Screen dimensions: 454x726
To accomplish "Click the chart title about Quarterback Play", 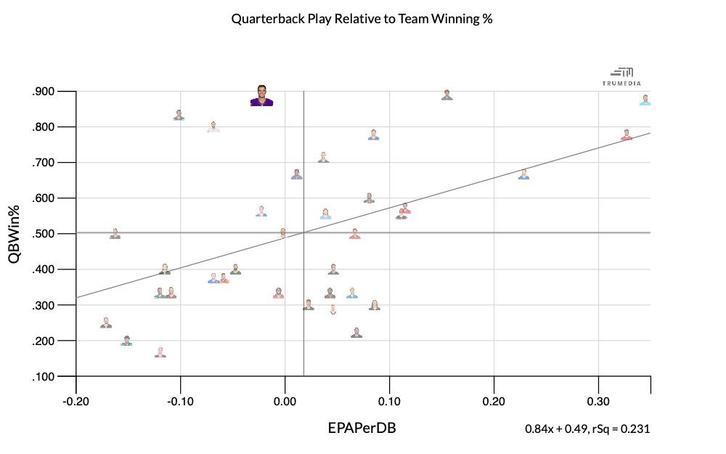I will (x=362, y=19).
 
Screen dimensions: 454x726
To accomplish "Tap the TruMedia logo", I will (x=622, y=77).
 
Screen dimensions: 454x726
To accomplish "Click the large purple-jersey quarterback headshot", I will (x=261, y=96).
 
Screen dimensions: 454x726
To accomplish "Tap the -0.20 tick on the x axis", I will (x=76, y=402).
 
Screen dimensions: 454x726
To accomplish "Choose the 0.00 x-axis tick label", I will (x=285, y=402).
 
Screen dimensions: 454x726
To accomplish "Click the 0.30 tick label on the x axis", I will (x=598, y=402).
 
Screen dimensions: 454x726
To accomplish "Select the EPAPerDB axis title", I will (x=362, y=428).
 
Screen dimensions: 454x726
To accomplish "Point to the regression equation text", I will (x=587, y=429).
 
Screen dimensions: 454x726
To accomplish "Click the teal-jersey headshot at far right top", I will (x=645, y=100).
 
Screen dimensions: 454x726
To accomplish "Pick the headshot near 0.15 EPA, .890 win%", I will (x=447, y=95).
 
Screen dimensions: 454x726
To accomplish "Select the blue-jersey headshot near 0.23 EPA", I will (x=523, y=174).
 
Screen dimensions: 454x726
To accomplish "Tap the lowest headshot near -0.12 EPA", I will (x=160, y=352).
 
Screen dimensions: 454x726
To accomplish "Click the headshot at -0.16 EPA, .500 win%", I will (x=115, y=234).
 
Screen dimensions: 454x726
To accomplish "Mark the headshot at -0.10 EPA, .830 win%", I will (x=179, y=115).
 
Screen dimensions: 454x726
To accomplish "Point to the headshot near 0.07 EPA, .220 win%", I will (x=356, y=333).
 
